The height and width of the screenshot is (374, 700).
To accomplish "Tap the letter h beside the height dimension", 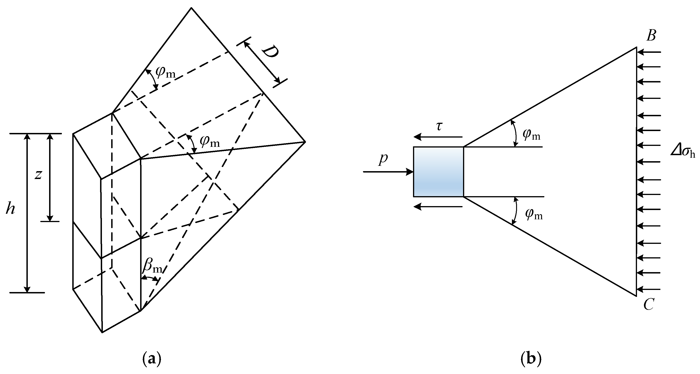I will (x=10, y=209).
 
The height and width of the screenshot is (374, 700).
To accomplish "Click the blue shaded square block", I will (x=438, y=172).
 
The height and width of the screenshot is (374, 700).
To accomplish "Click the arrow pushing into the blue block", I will (x=388, y=172).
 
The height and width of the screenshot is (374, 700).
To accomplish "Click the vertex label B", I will (x=651, y=36).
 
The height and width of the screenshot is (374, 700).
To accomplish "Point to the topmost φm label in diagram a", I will (x=165, y=72).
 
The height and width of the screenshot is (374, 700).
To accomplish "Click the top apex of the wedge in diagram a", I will (x=191, y=8).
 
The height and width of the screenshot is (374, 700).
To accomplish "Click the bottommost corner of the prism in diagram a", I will (x=102, y=332).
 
